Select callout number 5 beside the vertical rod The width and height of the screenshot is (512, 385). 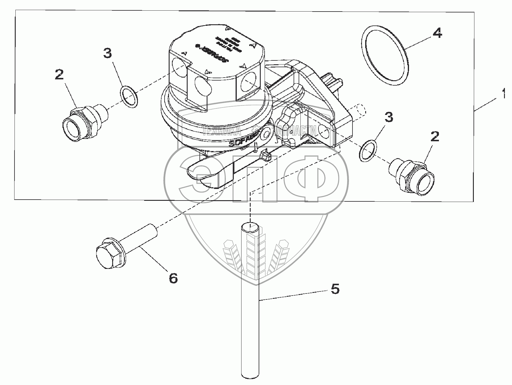[x=335, y=289]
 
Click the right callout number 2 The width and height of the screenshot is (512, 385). [x=434, y=137]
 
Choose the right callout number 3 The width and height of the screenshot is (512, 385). [x=388, y=117]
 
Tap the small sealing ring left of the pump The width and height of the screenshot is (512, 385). [x=129, y=97]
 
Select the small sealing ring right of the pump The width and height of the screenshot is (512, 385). [x=368, y=151]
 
